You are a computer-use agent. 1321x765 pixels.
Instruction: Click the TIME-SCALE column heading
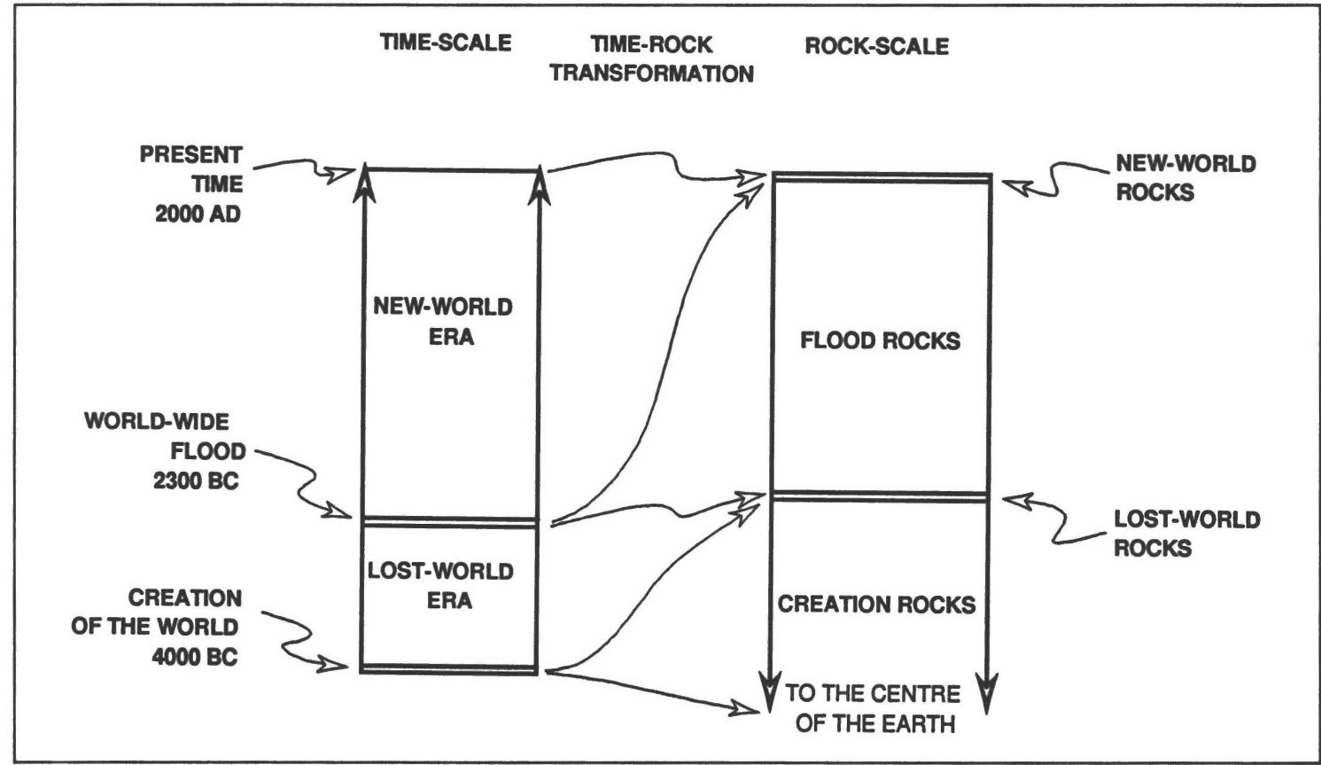click(x=446, y=43)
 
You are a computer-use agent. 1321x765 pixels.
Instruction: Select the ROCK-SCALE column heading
click(x=876, y=46)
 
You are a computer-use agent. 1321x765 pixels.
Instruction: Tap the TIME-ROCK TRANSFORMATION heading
click(x=651, y=59)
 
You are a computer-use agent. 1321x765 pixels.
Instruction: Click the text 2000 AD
click(x=198, y=214)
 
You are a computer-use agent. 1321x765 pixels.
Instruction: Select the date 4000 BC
click(x=195, y=658)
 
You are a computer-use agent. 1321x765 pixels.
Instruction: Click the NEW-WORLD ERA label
click(x=443, y=322)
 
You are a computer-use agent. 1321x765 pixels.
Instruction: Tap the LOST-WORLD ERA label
click(x=440, y=585)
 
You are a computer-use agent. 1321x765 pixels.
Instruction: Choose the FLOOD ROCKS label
click(x=880, y=341)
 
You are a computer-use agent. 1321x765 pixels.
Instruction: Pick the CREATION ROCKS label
click(x=876, y=605)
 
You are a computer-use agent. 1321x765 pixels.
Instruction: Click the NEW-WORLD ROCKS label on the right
click(x=1185, y=177)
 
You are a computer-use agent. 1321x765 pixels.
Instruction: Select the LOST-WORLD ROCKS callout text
click(x=1186, y=533)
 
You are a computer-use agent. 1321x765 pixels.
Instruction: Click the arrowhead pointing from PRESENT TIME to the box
click(x=340, y=174)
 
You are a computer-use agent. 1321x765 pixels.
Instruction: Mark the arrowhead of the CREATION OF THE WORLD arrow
click(x=337, y=665)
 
